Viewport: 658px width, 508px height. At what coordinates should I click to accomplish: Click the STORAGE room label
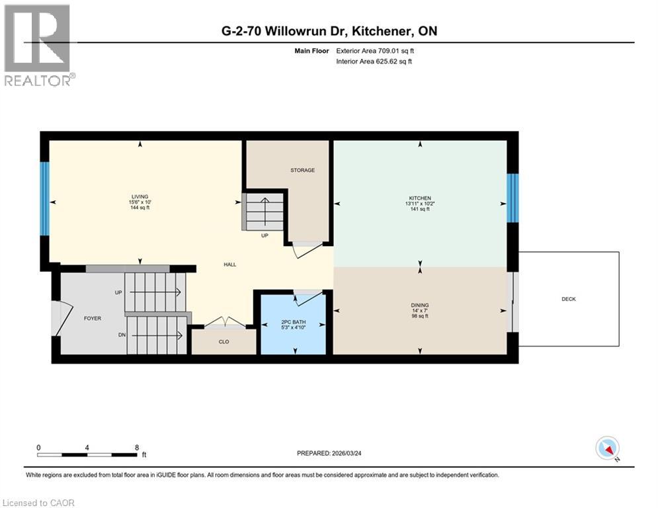[302, 170]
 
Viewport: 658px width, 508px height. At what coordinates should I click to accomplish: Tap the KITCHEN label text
[419, 198]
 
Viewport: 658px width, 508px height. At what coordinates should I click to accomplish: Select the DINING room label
[419, 306]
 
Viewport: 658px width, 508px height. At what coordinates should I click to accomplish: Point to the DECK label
[569, 299]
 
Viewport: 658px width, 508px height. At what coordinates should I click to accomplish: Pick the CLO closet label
[224, 343]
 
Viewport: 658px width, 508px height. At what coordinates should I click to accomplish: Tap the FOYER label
[92, 318]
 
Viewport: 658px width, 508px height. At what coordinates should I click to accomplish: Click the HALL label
[229, 265]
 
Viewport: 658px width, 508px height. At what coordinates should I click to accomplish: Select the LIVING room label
[139, 196]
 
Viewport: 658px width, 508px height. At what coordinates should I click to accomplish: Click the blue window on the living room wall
[44, 198]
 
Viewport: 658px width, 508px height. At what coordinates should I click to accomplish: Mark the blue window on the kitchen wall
[513, 198]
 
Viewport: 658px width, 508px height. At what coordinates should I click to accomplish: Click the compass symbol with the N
[607, 448]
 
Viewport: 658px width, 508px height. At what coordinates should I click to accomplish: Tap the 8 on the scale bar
[136, 447]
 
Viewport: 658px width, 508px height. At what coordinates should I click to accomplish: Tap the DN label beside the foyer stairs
[122, 335]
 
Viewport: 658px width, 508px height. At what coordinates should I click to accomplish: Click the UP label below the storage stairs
[264, 235]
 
